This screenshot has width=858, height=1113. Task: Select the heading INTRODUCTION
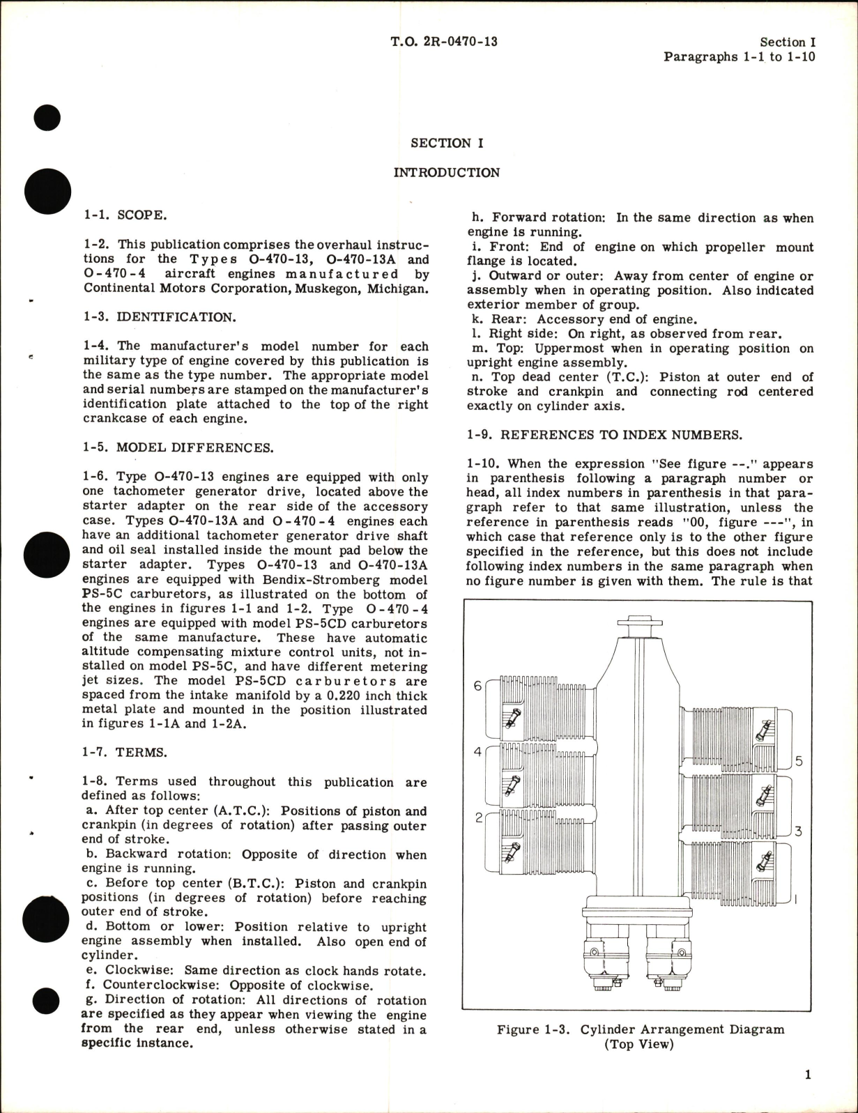[x=446, y=172]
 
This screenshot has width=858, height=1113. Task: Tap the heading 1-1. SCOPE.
[x=124, y=215]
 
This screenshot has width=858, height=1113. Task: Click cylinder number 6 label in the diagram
[x=478, y=686]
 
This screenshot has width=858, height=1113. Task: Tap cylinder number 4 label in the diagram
[x=478, y=751]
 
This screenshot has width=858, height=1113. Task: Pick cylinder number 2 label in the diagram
[x=479, y=818]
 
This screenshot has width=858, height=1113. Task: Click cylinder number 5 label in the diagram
[x=799, y=760]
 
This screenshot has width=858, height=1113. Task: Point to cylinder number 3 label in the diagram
[x=799, y=831]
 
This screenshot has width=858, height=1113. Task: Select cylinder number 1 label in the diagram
[x=797, y=899]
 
